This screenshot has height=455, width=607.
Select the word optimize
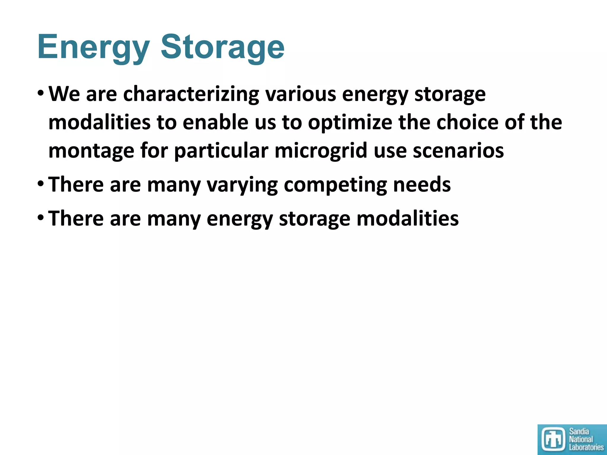(350, 123)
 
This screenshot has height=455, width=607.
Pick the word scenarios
(458, 151)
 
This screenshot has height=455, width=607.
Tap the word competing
(335, 185)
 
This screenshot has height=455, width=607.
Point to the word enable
(215, 123)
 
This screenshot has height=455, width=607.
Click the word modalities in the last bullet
(408, 219)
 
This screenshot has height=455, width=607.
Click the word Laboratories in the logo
(586, 447)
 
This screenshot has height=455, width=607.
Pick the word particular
(221, 151)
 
